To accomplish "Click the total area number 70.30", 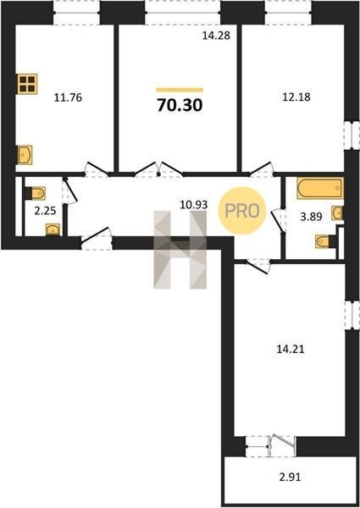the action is [x=180, y=105].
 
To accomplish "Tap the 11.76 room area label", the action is [x=68, y=97].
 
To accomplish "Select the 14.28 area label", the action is [x=216, y=36].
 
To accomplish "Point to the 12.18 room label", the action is [x=296, y=97].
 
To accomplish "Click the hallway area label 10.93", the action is [x=194, y=205].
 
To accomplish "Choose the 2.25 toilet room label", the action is [x=45, y=211].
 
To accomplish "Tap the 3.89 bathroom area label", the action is [x=311, y=217].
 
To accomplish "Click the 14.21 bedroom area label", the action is [x=291, y=349].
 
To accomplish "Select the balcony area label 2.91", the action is [x=290, y=478].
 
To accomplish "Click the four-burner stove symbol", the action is [x=27, y=84].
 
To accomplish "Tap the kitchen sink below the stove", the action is [x=25, y=155].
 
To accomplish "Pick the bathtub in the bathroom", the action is [x=320, y=188].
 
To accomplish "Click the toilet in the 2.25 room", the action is [x=35, y=193].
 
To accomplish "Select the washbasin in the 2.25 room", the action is [x=53, y=229].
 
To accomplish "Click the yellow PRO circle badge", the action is [x=242, y=211].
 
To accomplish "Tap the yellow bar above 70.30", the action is [x=180, y=90].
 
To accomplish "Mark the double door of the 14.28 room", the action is [x=158, y=169].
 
